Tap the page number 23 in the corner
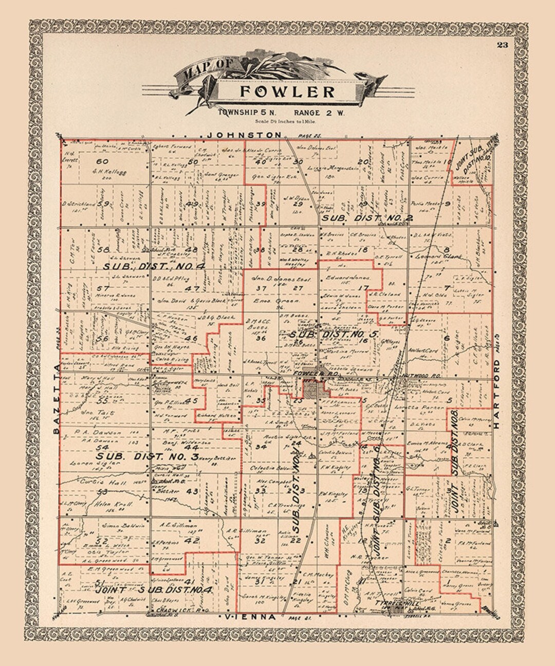502,45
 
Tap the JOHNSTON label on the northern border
244,135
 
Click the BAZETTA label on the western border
57,398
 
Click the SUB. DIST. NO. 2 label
367,218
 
